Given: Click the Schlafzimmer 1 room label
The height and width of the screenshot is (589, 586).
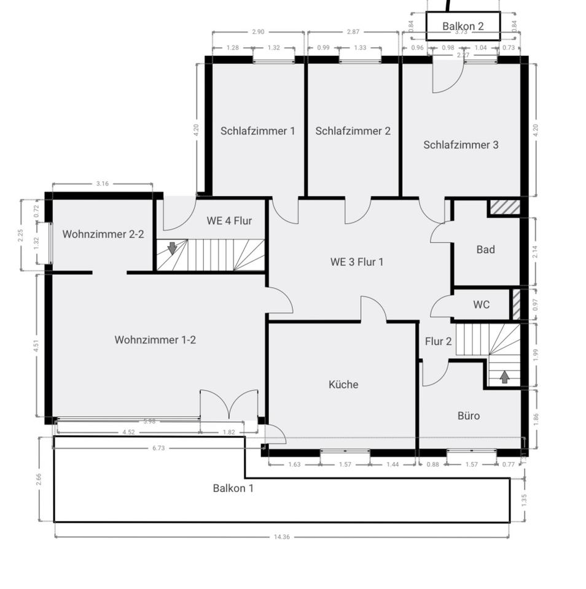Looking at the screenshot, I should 257,131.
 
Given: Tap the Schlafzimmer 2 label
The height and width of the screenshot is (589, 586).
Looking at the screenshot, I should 353,131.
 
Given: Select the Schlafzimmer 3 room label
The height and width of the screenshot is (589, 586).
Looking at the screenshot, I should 461,145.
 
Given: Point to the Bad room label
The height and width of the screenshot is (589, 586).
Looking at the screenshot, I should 485,250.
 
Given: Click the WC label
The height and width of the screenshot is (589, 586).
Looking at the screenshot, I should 482,304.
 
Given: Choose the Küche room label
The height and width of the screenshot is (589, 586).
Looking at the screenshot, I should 343,385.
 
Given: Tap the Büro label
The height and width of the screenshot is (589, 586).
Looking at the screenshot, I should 469,415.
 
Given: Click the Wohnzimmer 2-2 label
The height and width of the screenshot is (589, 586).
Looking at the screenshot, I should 103,234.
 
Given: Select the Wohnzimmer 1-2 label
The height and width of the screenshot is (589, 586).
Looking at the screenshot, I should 155,339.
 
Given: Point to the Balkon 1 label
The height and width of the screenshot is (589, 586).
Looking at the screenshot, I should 233,488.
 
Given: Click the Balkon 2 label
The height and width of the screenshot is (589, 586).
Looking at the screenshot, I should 463,26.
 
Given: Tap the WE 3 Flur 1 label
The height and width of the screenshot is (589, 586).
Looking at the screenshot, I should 356,262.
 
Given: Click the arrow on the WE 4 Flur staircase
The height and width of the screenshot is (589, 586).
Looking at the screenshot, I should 172,248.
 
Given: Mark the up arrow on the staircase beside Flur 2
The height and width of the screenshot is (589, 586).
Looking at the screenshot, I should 504,377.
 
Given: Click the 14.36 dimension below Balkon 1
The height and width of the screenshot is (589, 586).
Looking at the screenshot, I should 281,537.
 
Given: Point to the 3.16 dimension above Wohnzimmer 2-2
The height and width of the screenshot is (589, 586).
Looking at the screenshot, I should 102,183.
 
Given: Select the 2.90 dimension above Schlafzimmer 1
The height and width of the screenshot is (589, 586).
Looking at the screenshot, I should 257,31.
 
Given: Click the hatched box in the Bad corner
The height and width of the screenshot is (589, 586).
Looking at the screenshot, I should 504,207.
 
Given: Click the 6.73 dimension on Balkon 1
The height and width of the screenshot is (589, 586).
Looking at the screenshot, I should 158,448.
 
